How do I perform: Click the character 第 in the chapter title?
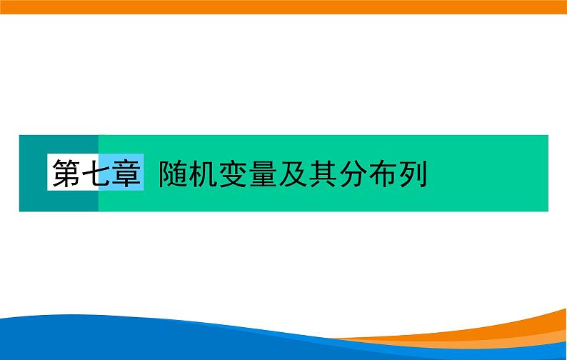coord(66,173)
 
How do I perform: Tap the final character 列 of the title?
coord(414,173)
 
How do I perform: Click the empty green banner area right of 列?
coord(493,173)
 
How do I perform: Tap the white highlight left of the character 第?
coord(50,173)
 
